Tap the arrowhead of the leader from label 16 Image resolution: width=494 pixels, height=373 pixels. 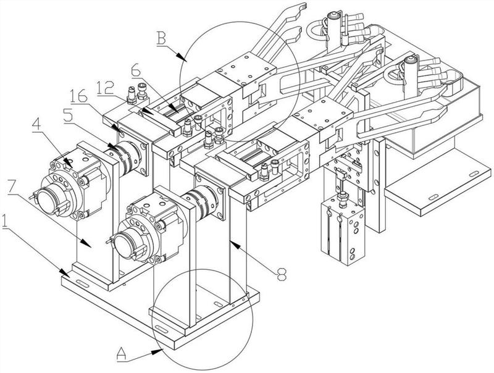120,130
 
